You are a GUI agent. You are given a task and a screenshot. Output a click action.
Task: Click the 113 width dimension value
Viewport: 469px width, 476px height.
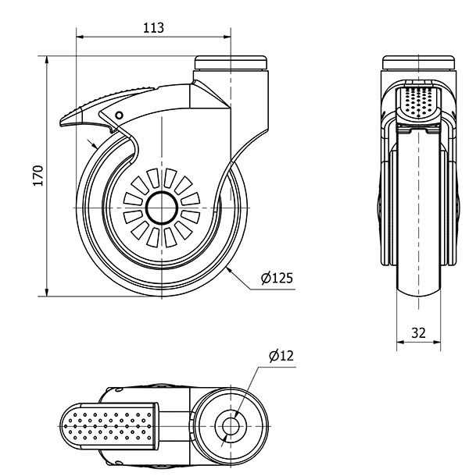tap(154, 27)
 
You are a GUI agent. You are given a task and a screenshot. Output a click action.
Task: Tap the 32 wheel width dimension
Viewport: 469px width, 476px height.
tap(418, 332)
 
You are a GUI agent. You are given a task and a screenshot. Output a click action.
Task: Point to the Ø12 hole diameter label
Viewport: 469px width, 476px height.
tap(280, 356)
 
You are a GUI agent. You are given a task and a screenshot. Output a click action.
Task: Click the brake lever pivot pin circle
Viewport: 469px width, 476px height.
tap(119, 115)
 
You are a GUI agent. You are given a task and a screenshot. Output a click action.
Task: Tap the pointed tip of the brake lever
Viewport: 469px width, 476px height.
tap(62, 126)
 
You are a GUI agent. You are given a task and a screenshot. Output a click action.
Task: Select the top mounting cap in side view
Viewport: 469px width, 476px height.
tap(231, 62)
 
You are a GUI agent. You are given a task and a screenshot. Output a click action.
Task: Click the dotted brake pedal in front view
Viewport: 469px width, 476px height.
tap(417, 102)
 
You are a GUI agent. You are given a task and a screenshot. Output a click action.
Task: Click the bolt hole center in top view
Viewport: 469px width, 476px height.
tap(231, 426)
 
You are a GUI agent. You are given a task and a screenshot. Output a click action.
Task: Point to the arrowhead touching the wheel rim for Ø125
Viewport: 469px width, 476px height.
tap(228, 270)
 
